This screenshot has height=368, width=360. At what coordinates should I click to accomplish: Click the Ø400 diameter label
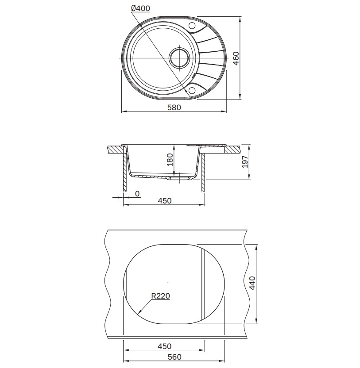pos(140,8)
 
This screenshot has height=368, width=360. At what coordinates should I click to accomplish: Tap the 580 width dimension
pos(174,107)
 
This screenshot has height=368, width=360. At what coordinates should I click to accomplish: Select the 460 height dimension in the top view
pos(236,58)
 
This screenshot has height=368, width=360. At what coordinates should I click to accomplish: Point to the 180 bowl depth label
pos(170,160)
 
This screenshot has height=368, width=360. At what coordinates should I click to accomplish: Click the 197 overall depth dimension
pos(245,162)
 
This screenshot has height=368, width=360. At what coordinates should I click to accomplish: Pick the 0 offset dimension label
pos(137,194)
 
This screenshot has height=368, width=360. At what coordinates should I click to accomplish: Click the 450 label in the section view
pos(164,201)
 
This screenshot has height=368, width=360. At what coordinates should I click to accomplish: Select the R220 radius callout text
pos(160,296)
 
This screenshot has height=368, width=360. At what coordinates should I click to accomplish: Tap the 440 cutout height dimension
pos(252,283)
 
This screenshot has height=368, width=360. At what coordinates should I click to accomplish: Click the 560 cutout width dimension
pos(174,357)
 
